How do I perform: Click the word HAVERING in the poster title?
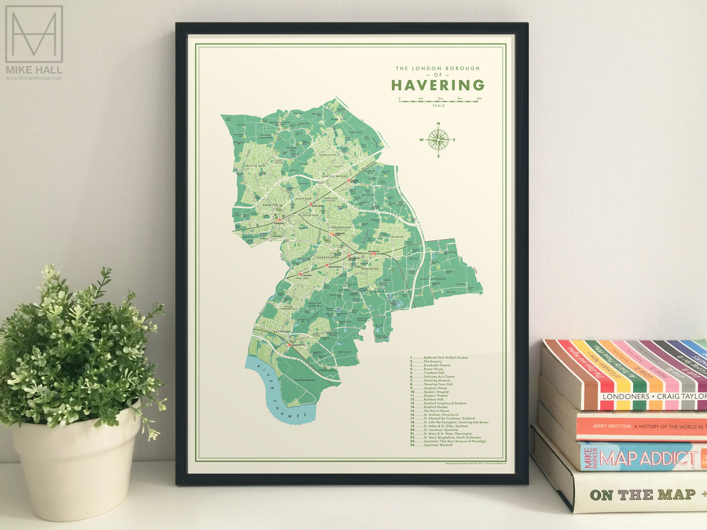[437, 85]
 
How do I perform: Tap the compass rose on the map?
[438, 140]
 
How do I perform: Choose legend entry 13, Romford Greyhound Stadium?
[439, 403]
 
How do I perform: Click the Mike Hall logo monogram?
[34, 34]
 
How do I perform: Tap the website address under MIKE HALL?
[34, 78]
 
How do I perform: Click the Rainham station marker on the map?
[289, 344]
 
